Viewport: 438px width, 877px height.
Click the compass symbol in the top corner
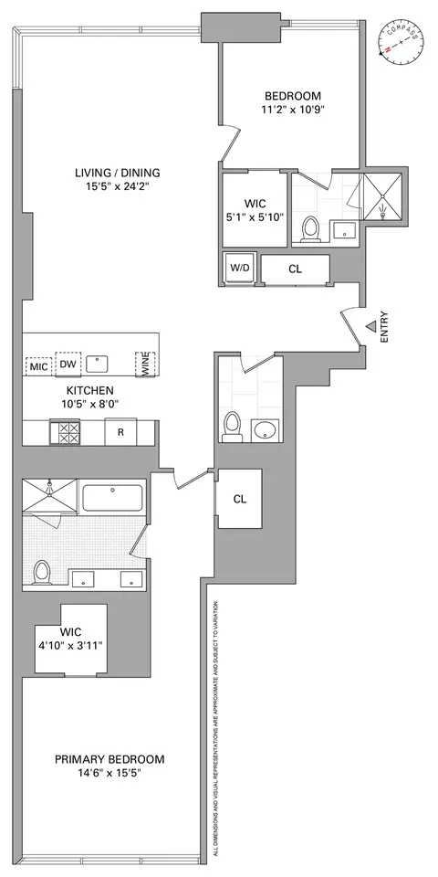(401, 40)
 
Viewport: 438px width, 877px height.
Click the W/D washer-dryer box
(240, 269)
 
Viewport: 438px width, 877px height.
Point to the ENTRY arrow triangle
(370, 326)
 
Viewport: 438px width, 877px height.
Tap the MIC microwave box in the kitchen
(38, 365)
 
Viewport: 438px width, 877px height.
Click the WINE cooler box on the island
(142, 365)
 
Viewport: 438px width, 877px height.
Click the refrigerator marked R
(120, 431)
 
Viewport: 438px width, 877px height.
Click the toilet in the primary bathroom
(40, 572)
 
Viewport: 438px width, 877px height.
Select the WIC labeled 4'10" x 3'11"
(70, 639)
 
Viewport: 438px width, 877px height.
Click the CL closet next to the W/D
(295, 269)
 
